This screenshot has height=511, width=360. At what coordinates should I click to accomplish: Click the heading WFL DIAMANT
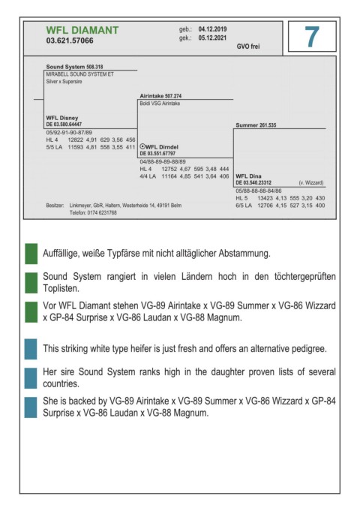coord(82,30)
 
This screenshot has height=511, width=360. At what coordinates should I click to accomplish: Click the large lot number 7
coord(311,37)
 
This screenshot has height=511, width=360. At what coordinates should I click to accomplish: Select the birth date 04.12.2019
coord(212,29)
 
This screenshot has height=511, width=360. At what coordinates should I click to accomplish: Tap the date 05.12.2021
coord(212,38)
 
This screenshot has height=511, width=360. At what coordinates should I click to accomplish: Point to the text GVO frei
coord(248,47)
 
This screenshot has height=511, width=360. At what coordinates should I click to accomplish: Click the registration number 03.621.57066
coord(70,41)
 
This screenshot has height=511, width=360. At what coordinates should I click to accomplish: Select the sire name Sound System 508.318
coord(74,67)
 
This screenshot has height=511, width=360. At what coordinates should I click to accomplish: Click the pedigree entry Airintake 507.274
coord(160,96)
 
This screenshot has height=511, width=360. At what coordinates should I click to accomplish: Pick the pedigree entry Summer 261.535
coord(256,125)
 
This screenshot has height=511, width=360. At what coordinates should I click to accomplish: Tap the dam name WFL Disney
coord(62,118)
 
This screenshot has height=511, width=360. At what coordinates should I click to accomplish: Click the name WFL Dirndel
coord(162,147)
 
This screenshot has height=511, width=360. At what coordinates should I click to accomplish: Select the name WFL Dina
coord(248,176)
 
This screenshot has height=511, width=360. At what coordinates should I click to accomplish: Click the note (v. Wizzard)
coord(311,182)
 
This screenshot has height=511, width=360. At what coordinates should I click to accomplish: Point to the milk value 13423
coord(265,198)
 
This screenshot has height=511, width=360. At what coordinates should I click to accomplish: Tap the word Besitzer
coord(55,206)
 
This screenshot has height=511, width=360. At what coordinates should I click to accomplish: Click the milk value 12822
coord(76,140)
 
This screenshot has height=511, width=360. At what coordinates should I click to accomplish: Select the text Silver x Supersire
coord(64,82)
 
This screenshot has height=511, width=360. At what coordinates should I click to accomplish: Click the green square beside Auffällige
coord(31,254)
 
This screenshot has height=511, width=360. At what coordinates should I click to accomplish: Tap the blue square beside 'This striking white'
coord(31,349)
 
